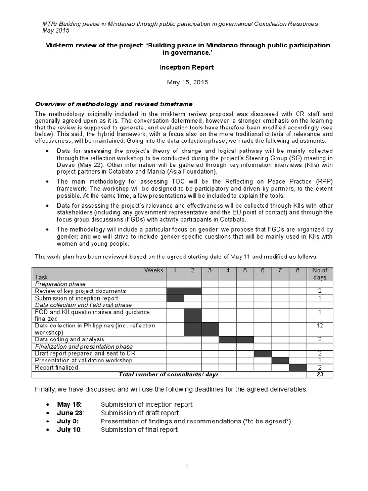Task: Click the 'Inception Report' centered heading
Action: click(x=187, y=68)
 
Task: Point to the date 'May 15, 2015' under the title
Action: click(x=187, y=82)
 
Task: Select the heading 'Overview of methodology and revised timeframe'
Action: click(x=114, y=104)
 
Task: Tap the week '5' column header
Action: click(x=245, y=270)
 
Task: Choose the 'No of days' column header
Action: click(x=320, y=274)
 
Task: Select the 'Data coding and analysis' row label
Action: click(x=70, y=339)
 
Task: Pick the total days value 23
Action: click(x=320, y=374)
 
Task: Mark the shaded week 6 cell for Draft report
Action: click(x=263, y=353)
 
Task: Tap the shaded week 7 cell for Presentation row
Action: click(x=280, y=361)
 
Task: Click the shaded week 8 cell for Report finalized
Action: click(x=298, y=368)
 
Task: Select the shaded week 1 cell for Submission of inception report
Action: click(x=175, y=298)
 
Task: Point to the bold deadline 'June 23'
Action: click(x=70, y=413)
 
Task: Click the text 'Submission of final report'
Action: click(x=139, y=429)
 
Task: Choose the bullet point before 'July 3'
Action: click(x=48, y=421)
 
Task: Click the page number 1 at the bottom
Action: click(x=187, y=467)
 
